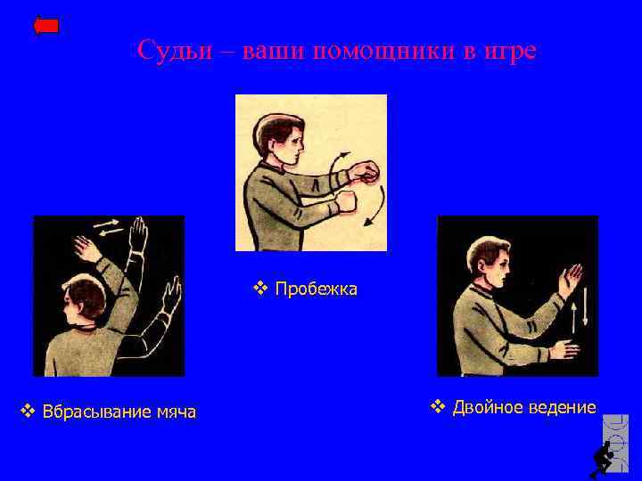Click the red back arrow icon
point(46,25)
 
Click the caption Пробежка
point(317,289)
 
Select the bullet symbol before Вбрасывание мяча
point(28,412)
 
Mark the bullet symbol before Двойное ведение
point(437,408)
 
